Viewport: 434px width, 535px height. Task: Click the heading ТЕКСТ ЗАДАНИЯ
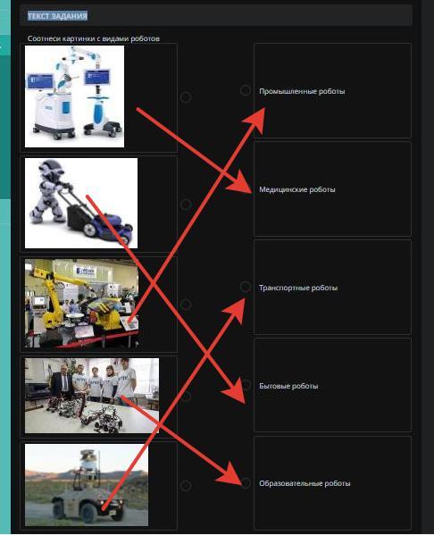58,16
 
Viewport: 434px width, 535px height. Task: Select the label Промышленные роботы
302,91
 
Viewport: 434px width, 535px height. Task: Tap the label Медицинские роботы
297,189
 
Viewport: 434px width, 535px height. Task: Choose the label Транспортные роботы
298,288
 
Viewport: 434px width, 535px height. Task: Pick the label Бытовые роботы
288,386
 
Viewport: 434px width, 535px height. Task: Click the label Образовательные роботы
305,483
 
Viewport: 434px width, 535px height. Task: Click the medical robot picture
74,96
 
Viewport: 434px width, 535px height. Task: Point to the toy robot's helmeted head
52,168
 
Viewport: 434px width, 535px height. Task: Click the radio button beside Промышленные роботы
246,90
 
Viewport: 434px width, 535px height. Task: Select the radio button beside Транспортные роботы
246,287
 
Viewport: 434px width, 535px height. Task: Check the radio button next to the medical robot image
186,97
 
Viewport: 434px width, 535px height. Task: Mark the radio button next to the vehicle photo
186,486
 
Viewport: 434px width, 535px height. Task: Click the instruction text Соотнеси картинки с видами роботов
94,38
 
